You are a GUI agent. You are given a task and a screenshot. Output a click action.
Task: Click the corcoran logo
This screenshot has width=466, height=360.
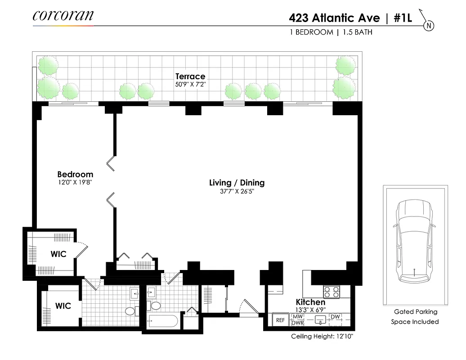(x=63, y=16)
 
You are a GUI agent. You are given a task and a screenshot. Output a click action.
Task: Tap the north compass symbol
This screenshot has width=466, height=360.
(x=429, y=26)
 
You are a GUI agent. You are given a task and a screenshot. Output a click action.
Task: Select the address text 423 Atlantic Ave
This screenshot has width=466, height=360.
(x=334, y=19)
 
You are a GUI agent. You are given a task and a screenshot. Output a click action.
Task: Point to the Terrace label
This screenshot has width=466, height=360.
(x=190, y=76)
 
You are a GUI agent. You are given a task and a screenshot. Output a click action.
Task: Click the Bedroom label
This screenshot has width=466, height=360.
(x=75, y=174)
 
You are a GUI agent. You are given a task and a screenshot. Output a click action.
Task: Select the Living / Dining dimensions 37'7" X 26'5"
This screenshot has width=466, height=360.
(x=237, y=191)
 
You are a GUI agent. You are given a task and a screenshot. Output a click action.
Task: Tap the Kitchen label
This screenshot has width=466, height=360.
(x=310, y=302)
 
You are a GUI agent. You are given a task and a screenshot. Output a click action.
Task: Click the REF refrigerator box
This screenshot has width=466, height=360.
(x=281, y=320)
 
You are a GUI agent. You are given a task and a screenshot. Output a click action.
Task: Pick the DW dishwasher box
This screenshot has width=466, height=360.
(x=335, y=317)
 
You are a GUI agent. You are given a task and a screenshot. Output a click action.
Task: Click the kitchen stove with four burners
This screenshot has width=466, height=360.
(x=332, y=292)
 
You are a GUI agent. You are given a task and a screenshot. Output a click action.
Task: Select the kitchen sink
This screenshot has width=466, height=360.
(x=321, y=319)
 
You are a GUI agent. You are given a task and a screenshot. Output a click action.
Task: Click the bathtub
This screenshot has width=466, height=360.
(x=162, y=323)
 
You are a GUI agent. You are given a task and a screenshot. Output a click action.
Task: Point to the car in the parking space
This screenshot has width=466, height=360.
(x=414, y=243)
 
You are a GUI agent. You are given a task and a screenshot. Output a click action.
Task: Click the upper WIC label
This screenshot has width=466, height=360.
(x=58, y=254)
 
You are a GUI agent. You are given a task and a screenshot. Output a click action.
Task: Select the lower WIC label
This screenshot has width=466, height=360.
(x=63, y=306)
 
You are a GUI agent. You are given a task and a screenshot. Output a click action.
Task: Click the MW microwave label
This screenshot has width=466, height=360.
(x=298, y=316)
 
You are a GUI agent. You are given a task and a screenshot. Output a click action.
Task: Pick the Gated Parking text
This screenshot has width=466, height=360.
(x=415, y=311)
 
